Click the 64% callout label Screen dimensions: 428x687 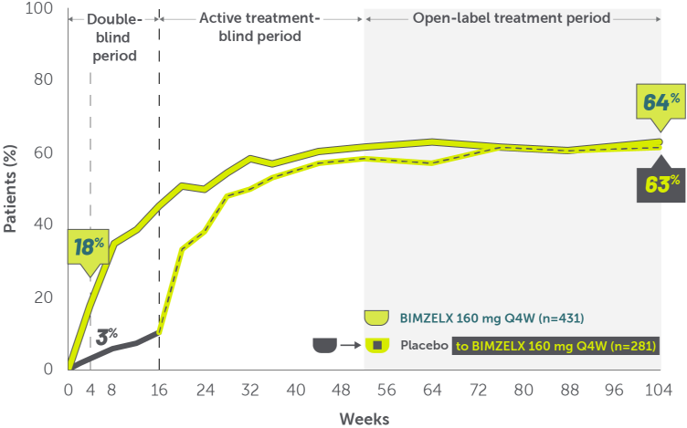656,102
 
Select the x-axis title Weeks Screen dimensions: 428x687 365,419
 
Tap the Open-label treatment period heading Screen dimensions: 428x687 511,17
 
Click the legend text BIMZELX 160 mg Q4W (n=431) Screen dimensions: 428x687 491,318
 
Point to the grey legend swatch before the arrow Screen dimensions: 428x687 325,346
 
